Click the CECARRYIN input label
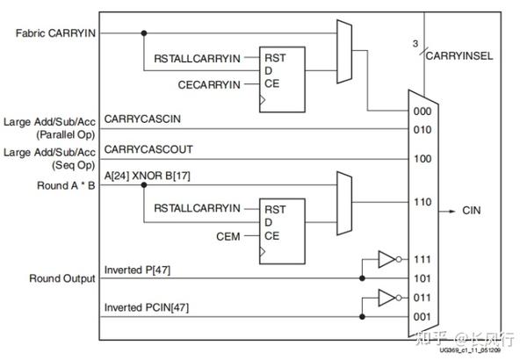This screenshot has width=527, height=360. pyautogui.click(x=208, y=84)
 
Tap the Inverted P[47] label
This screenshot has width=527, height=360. pyautogui.click(x=138, y=268)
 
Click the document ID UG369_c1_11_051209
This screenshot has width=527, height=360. pyautogui.click(x=471, y=350)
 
